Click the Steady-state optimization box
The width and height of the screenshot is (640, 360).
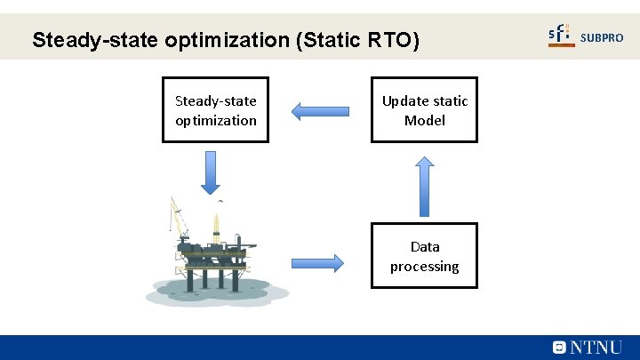click(x=216, y=110)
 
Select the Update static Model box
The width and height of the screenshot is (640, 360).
click(x=424, y=110)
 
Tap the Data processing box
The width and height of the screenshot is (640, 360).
click(x=424, y=255)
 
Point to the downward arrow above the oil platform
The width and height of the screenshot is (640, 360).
click(x=211, y=172)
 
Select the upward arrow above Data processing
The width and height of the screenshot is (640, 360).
click(x=425, y=186)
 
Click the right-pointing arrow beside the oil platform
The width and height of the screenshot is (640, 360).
click(x=316, y=262)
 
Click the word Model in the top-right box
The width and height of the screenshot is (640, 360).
click(x=425, y=120)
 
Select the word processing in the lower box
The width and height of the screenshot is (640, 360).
click(x=425, y=266)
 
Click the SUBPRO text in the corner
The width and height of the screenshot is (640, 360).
click(x=602, y=37)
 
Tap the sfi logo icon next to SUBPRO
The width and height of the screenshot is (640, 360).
click(x=561, y=36)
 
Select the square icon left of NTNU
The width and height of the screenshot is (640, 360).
click(x=559, y=348)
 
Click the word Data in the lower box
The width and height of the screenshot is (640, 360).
click(x=425, y=246)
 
